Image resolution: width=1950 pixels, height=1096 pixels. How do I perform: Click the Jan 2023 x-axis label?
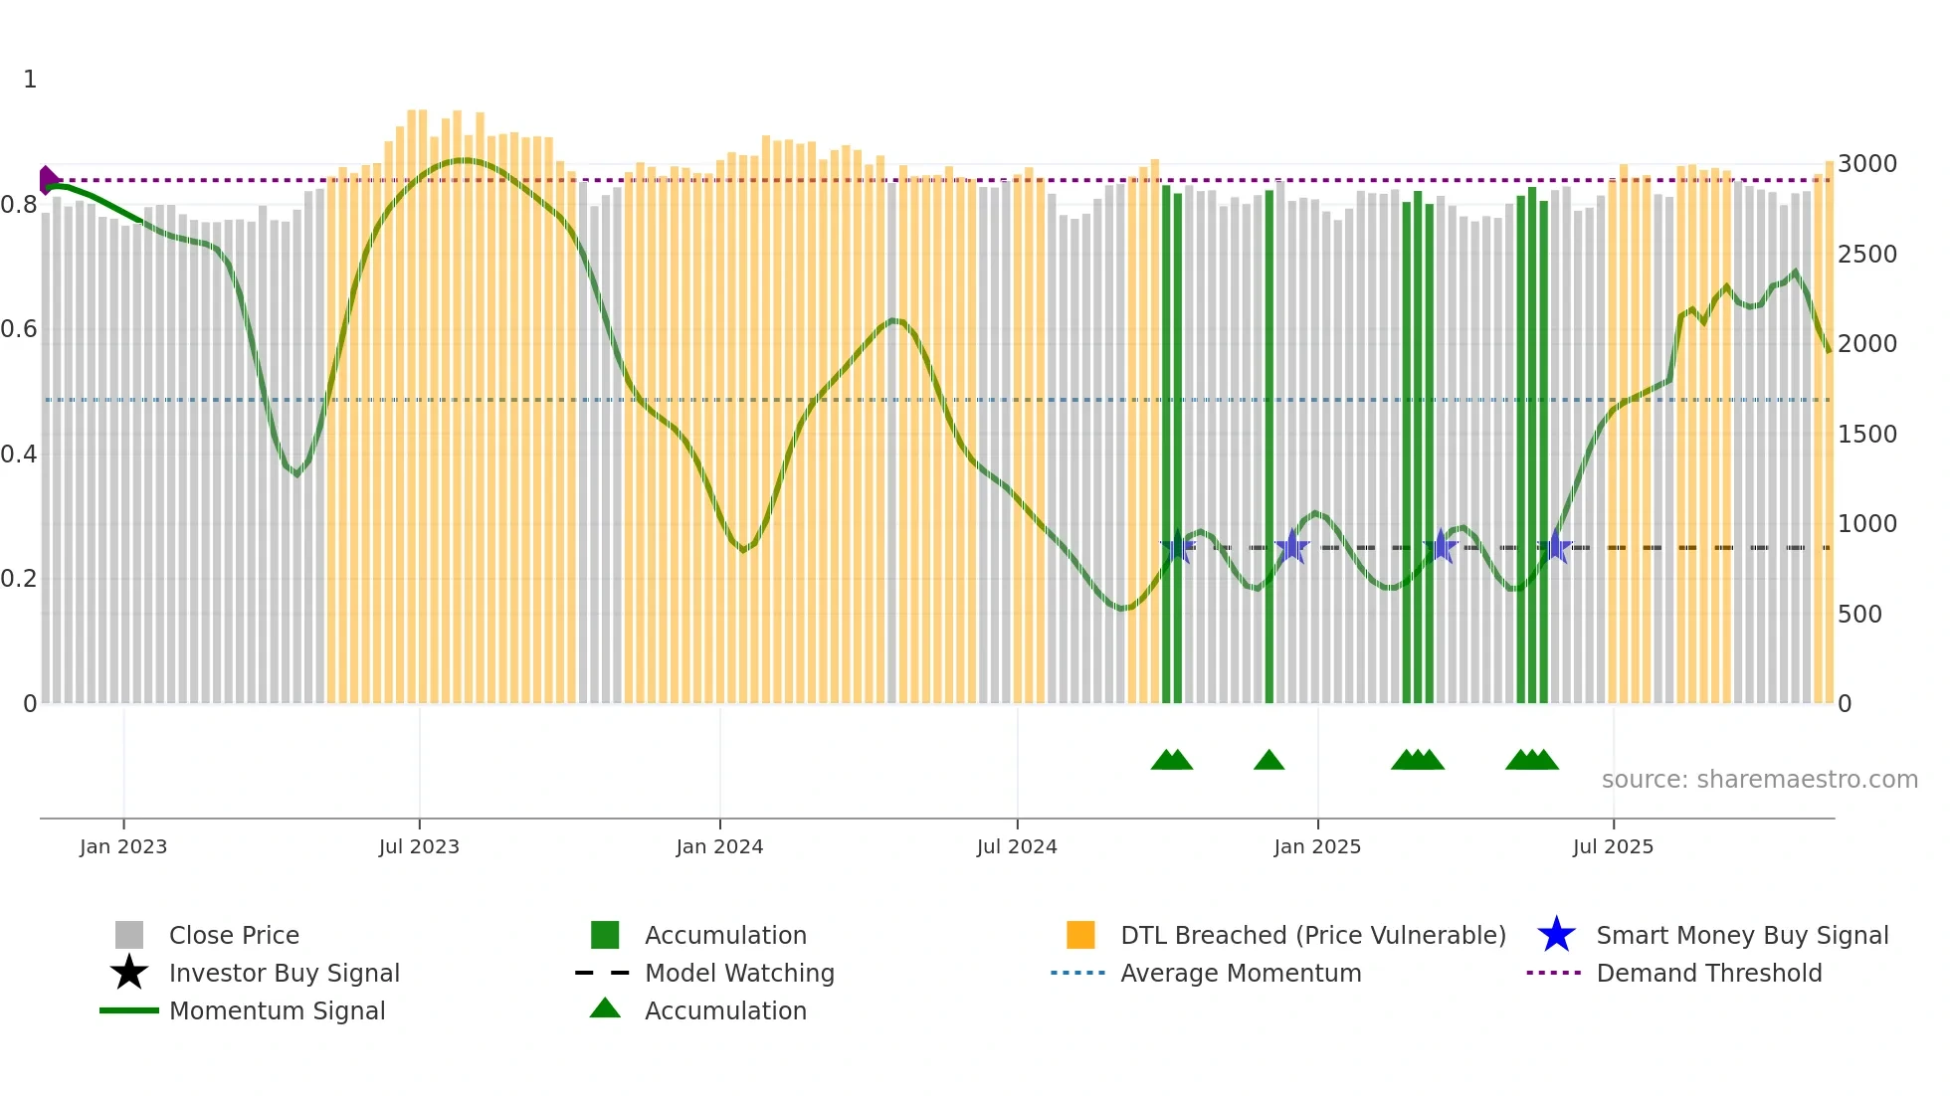point(123,846)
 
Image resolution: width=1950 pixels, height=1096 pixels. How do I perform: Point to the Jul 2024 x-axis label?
point(1017,846)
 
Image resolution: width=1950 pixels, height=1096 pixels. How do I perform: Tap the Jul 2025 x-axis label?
point(1613,846)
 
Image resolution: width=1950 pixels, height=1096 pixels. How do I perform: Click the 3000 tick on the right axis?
point(1866,164)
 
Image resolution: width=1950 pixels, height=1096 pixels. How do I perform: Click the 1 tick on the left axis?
point(30,80)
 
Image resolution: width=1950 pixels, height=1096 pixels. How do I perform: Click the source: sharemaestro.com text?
point(1759,780)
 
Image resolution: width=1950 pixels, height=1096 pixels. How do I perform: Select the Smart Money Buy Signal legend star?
point(1556,935)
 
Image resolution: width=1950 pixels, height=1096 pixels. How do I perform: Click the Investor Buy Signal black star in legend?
point(129,973)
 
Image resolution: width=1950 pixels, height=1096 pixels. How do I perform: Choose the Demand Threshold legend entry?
point(1708,973)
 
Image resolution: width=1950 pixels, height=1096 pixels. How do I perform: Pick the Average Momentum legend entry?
point(1240,973)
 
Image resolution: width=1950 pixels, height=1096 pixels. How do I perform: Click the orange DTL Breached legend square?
point(1080,935)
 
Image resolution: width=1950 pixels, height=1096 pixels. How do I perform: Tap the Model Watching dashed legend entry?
point(738,973)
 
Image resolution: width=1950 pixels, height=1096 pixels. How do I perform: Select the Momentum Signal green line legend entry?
point(277,1010)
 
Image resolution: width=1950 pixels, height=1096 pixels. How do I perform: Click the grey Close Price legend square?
point(129,935)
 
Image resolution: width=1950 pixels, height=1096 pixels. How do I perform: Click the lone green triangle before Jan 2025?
point(1268,761)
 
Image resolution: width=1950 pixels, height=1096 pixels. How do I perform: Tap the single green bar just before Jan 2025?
point(1268,448)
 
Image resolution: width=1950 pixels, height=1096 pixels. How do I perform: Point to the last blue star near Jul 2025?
point(1555,547)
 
